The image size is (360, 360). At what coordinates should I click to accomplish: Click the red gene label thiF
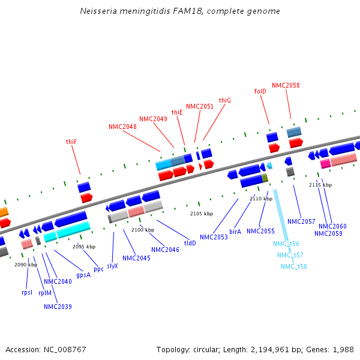coord(71,142)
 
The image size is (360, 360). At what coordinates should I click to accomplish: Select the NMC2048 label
coord(122,127)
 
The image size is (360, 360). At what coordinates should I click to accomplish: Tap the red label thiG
coord(224,100)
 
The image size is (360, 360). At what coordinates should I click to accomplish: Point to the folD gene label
coord(260,92)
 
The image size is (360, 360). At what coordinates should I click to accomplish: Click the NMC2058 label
coord(286,85)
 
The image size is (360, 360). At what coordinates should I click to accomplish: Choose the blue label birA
coord(235,231)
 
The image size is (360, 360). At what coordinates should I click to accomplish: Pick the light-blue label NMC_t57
coord(290,255)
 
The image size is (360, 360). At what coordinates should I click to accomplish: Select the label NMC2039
coord(58,307)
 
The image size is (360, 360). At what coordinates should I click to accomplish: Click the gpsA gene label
coord(83,275)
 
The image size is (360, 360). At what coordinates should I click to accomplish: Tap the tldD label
coord(190,243)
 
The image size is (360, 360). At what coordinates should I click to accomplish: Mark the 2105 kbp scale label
coord(202,214)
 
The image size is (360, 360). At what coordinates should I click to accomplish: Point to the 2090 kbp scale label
coord(26,265)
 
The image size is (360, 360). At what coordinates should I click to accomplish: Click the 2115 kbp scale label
coord(320,185)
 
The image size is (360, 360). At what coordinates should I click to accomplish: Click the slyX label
coord(112,265)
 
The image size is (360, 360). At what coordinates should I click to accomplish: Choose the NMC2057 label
coord(301,221)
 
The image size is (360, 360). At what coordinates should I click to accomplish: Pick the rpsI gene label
coord(27,293)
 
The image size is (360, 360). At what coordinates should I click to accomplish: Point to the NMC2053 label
coord(214,237)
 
